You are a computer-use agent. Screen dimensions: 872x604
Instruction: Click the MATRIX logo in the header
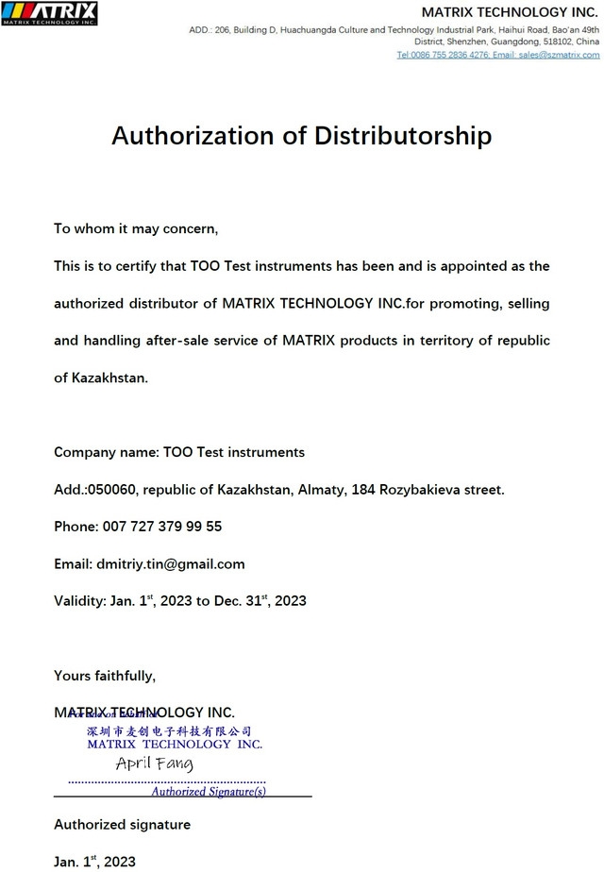(49, 13)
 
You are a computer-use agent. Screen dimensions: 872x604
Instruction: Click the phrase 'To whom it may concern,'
(136, 228)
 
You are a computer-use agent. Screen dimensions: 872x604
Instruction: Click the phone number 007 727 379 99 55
(161, 527)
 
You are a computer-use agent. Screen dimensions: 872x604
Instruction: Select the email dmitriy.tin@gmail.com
(171, 564)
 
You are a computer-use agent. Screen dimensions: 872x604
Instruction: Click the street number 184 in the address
(363, 490)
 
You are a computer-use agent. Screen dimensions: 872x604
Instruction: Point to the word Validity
(79, 601)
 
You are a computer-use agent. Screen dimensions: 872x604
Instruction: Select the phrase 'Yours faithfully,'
(105, 676)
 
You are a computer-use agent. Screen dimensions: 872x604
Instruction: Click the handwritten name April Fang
(154, 763)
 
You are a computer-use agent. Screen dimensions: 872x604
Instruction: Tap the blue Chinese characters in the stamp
(170, 731)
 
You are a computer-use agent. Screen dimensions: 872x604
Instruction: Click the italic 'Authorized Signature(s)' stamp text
(209, 792)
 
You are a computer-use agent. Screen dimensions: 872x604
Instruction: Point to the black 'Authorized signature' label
(122, 825)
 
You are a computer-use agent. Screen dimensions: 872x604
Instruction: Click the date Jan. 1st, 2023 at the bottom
(94, 862)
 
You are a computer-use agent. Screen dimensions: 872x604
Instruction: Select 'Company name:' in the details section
(106, 452)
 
